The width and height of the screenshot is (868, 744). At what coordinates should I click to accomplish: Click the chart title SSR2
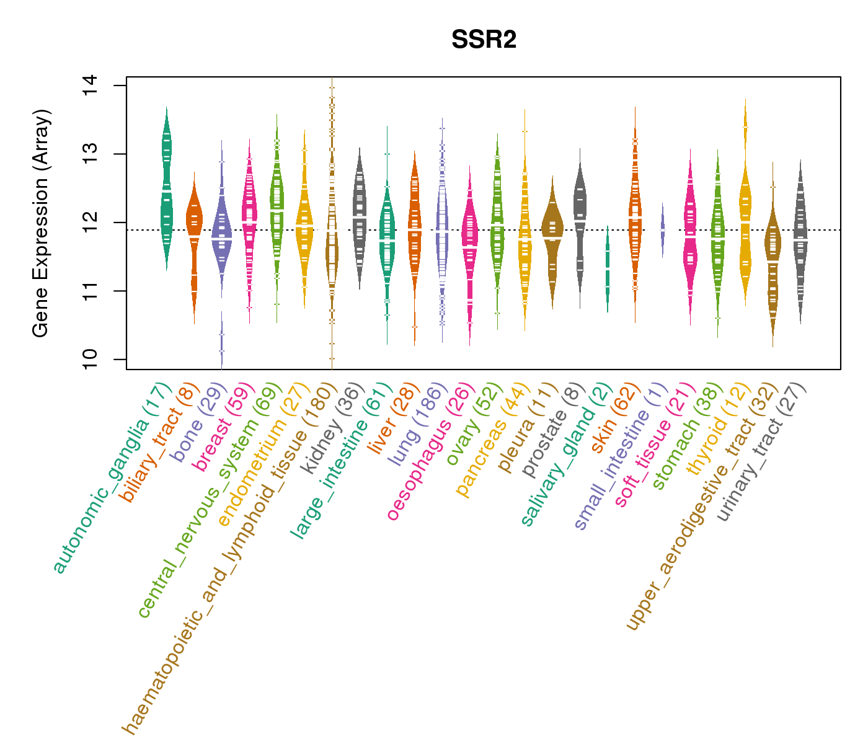click(x=484, y=40)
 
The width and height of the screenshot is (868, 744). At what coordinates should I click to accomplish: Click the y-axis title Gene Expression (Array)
click(x=41, y=223)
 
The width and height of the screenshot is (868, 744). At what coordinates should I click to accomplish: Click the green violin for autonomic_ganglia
click(x=166, y=192)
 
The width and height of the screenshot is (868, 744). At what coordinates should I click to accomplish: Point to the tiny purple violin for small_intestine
click(x=662, y=229)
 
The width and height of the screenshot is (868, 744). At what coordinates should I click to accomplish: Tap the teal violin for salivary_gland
click(x=608, y=270)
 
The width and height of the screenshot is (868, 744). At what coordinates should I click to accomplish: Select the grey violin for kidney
click(x=359, y=217)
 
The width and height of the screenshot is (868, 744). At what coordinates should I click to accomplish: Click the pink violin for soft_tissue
click(x=690, y=236)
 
